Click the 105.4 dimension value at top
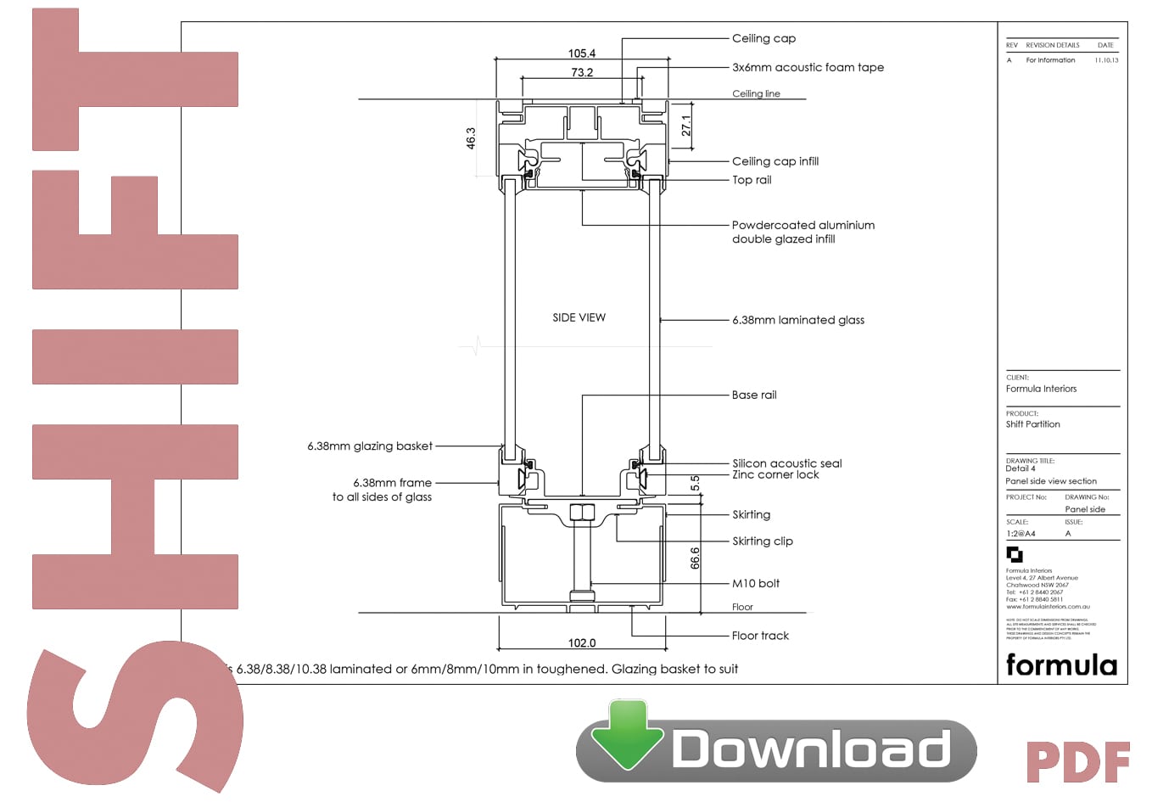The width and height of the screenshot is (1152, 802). pos(581,53)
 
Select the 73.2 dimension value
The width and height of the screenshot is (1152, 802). pos(582,73)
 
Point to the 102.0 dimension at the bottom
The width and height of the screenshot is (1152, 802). pos(581,643)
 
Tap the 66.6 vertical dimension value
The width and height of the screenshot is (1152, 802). pos(695,558)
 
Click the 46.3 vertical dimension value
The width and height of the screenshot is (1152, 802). pos(471,138)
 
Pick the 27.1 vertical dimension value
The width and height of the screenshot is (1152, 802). pos(685,126)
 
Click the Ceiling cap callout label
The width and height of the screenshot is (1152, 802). pos(763,38)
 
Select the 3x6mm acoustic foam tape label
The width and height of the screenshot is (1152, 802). pos(808,67)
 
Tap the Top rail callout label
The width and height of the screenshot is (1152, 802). pos(752,180)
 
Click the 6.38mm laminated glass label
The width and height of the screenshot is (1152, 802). pos(798,320)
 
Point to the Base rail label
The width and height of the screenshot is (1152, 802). pos(754,395)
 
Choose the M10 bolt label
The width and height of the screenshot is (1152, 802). pos(755,583)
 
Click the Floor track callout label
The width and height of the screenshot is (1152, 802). pos(760,636)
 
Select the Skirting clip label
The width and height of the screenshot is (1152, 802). pos(762,541)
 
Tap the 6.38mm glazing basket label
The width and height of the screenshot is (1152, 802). pos(370,446)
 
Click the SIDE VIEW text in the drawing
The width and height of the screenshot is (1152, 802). pos(579,317)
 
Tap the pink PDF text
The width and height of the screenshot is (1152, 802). pos(1077,762)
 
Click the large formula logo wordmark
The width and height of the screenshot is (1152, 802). pos(1061,665)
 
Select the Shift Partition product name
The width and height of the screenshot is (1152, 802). pos(1032,424)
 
